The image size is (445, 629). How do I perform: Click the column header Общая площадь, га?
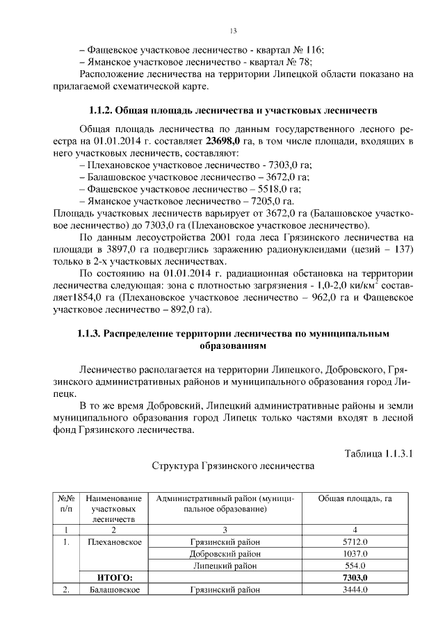[x=355, y=498]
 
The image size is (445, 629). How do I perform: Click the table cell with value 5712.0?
[x=355, y=541]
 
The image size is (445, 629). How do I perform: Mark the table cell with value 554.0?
[x=355, y=566]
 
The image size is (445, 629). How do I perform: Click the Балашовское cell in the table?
[x=113, y=590]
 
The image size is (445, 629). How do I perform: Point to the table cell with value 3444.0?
[x=355, y=590]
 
